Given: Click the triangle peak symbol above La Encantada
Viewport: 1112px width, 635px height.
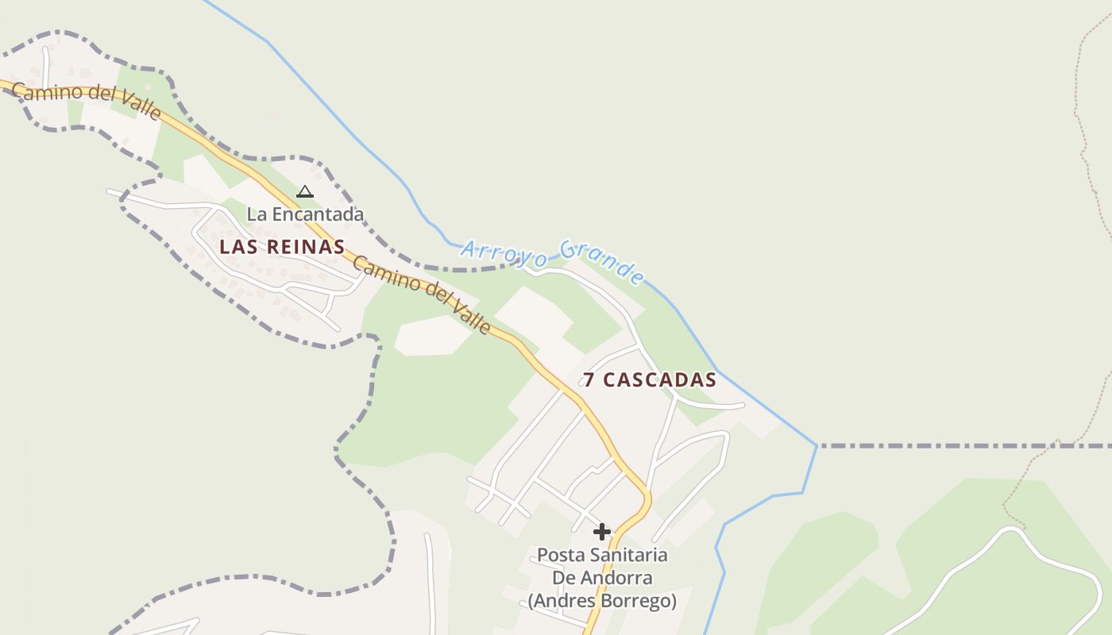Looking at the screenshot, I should (305, 191).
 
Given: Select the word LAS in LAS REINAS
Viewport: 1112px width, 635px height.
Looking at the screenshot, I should (236, 247).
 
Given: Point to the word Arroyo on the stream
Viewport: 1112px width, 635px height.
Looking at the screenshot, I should (504, 253).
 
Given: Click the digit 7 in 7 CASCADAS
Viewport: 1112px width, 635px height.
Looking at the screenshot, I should (589, 380).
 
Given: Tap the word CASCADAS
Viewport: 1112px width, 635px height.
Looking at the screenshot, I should (659, 380).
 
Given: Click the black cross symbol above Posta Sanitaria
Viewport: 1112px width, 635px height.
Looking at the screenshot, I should (602, 531).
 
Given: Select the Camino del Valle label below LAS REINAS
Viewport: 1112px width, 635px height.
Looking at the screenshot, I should (422, 294).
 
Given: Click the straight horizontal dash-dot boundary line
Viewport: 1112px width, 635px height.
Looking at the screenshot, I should (953, 446).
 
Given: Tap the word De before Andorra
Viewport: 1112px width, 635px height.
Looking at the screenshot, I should (562, 578).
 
